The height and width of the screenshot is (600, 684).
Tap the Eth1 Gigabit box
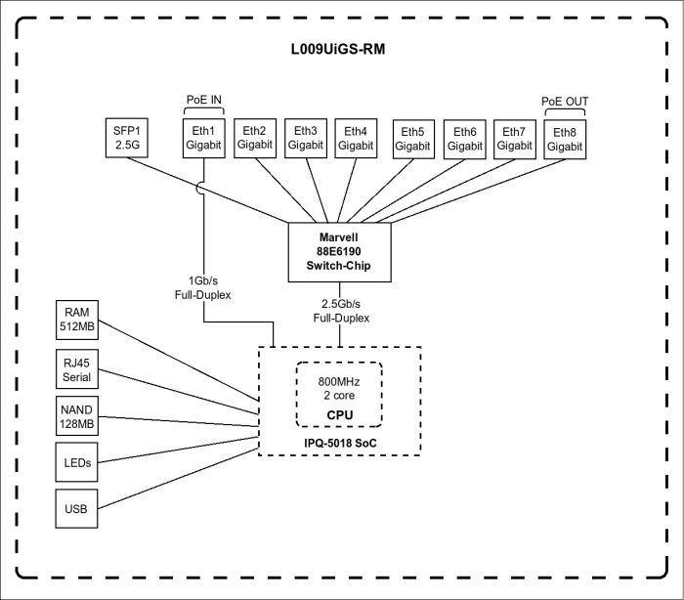pos(203,138)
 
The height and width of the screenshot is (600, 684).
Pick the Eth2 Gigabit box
pos(254,138)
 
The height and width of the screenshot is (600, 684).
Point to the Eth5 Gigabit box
pos(413,139)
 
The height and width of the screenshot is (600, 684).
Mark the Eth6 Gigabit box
pos(464,139)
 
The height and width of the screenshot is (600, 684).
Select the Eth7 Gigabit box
pos(514,139)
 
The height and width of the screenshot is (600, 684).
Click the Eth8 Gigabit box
pos(565,139)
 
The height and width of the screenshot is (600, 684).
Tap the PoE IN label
pos(203,101)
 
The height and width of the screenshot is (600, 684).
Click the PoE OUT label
pos(565,101)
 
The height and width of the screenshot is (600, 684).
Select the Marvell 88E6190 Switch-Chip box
pos(340,251)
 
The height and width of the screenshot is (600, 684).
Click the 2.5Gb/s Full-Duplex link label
pos(340,312)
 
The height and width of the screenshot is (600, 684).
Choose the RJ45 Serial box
pos(76,368)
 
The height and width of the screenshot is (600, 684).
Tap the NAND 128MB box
pos(76,415)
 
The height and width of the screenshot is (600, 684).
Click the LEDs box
pos(76,463)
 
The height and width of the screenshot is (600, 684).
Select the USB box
pos(76,510)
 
